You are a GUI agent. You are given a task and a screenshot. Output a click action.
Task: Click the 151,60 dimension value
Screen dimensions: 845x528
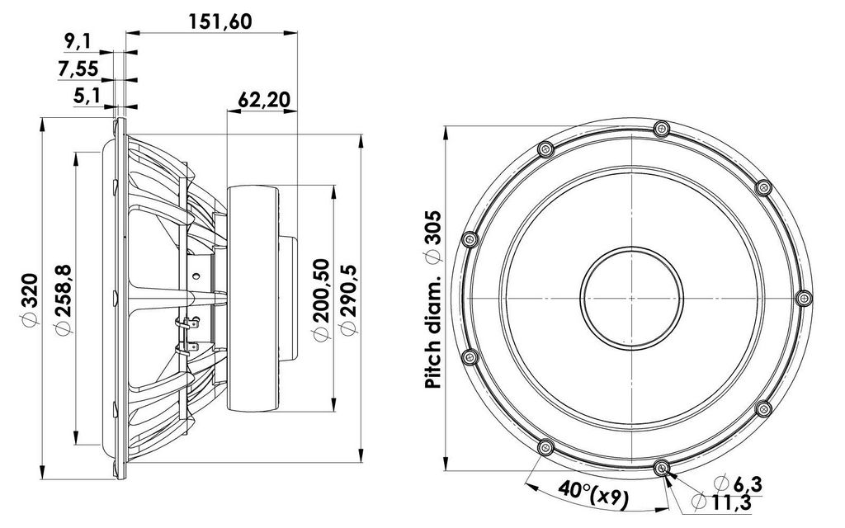point(220,21)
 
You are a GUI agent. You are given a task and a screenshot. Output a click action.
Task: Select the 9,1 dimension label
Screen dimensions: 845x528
point(78,41)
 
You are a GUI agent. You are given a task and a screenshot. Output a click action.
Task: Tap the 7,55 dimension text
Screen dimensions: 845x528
point(78,69)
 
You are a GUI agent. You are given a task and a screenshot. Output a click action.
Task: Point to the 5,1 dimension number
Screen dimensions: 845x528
point(87,97)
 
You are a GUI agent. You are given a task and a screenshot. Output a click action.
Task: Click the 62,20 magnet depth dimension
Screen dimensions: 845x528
point(263,100)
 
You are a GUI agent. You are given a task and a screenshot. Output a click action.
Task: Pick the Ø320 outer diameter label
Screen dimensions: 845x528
point(30,299)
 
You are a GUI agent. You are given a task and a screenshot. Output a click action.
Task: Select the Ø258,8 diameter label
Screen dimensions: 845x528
point(63,299)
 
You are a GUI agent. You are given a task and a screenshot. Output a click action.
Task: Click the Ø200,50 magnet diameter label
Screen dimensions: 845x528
point(321,299)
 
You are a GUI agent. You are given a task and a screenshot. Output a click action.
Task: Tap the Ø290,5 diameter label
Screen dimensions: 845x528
point(349,299)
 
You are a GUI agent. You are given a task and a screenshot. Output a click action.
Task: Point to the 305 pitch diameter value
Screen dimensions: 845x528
point(433,237)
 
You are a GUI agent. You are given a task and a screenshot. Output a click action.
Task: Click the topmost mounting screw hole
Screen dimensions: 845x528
point(661,129)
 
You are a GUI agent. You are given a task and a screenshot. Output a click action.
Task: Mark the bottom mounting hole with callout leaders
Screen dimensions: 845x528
point(661,468)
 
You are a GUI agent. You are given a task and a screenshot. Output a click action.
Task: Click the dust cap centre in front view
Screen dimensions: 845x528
point(631,298)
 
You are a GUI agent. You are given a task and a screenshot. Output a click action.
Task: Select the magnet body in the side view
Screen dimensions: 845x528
point(253,299)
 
